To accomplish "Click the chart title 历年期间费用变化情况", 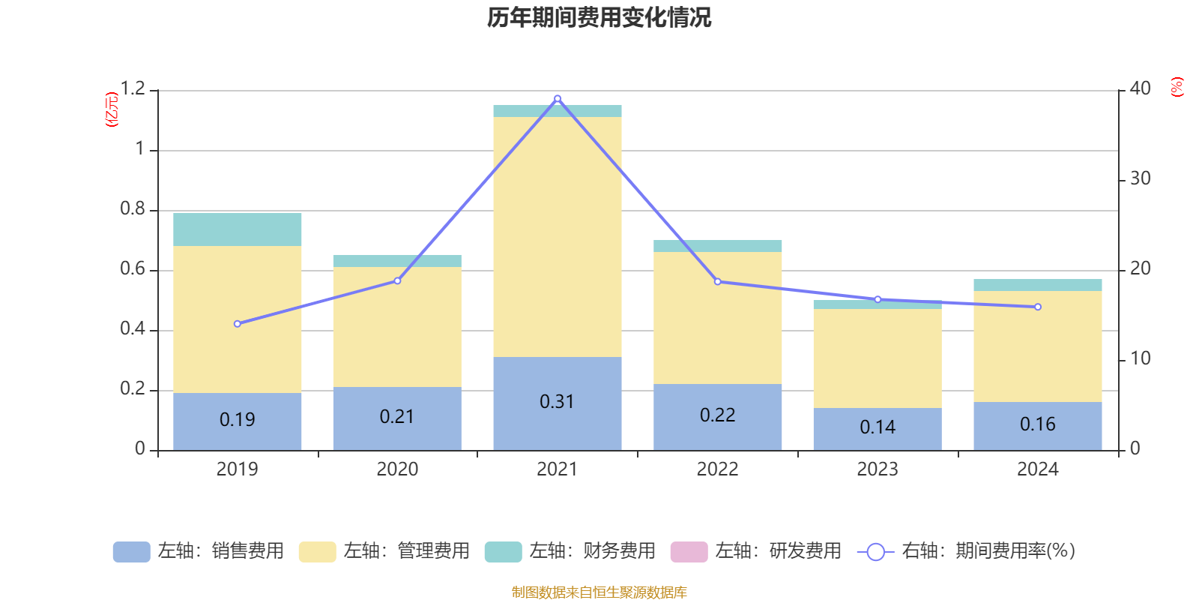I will click(599, 17).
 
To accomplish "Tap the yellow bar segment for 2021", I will click(557, 236).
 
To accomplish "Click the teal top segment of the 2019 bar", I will click(237, 229).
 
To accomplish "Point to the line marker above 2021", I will click(558, 98).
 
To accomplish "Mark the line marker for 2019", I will click(238, 324).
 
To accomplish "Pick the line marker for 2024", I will click(1038, 307).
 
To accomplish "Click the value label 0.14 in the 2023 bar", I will click(878, 427).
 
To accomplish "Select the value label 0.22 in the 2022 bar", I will click(717, 415).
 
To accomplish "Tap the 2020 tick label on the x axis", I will click(397, 469).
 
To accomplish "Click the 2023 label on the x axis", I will click(878, 469).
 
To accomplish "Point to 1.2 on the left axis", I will click(133, 89).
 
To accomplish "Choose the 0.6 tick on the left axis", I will click(133, 269).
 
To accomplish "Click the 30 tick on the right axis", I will click(1140, 179).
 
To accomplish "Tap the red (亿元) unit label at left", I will click(112, 109).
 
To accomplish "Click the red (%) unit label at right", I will click(1177, 87).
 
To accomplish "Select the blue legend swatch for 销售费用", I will click(131, 552).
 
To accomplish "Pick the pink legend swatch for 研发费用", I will click(689, 552).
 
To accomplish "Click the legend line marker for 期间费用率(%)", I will click(875, 552).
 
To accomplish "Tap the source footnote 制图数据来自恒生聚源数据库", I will click(599, 592).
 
